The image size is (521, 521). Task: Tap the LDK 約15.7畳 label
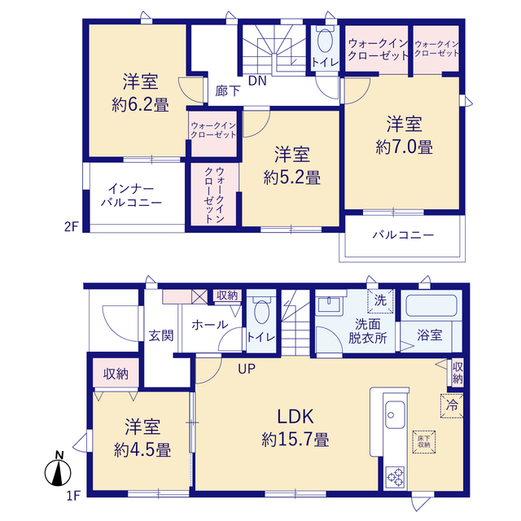(296, 428)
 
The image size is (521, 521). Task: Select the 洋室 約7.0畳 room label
(405, 135)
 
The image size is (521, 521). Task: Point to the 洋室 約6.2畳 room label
(141, 92)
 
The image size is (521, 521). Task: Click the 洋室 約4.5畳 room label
(142, 438)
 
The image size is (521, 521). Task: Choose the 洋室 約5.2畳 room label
(292, 165)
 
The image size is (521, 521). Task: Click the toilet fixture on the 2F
(325, 38)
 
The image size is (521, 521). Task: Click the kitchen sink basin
(395, 414)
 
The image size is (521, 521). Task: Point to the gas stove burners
(396, 477)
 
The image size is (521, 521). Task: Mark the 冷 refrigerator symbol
(452, 405)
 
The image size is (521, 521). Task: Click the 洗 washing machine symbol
(380, 300)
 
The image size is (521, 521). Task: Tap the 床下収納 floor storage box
(424, 441)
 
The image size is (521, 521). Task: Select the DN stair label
(257, 81)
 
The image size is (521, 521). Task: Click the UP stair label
(247, 368)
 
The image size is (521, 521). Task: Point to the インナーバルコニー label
(131, 195)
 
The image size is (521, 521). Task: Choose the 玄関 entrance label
(161, 335)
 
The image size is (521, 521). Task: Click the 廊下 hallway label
(228, 90)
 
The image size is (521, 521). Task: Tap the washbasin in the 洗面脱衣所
(329, 304)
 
